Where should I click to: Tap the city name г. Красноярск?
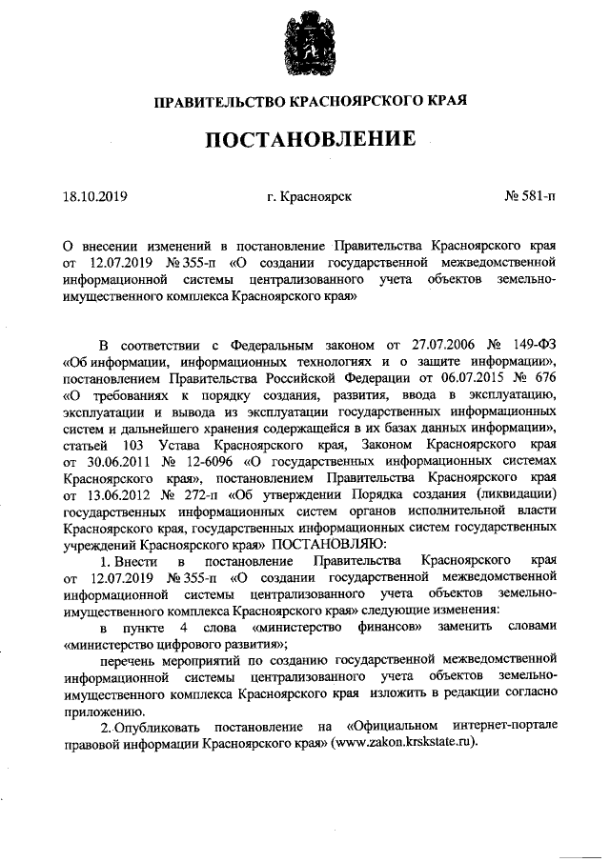click(x=310, y=198)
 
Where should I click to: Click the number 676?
click(x=544, y=378)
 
